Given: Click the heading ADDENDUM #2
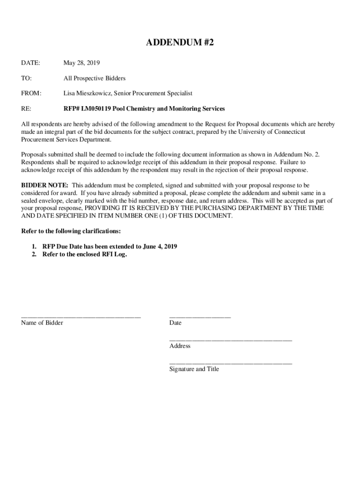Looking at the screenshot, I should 180,43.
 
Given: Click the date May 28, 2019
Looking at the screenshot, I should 82,63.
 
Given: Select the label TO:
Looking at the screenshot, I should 26,78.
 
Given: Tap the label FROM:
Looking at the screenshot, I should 31,94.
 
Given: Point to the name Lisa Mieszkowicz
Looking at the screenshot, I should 86,94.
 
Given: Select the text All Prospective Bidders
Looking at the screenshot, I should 94,78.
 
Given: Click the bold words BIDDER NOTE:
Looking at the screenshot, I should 45,186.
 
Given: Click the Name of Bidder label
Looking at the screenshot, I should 42,323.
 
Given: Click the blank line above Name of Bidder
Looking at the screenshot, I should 81,317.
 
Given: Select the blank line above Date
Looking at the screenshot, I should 200,317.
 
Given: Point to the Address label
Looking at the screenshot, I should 180,346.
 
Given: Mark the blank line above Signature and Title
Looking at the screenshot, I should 230,363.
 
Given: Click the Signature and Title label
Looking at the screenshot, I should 194,369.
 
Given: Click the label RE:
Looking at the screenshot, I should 26,109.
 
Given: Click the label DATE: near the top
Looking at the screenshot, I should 30,63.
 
